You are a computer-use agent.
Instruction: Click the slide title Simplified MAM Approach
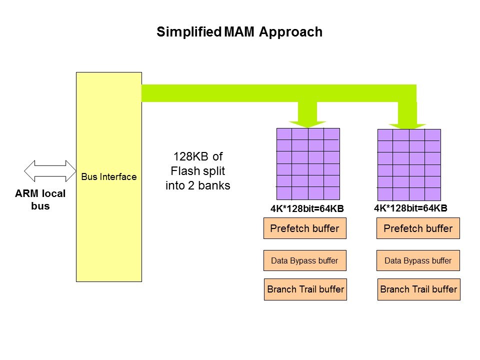[x=239, y=32]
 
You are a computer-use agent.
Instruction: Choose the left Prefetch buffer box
[x=304, y=229]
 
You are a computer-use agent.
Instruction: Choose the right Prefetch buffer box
[x=418, y=229]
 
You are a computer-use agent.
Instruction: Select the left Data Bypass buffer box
[x=304, y=260]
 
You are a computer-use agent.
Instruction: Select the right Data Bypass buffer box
[x=418, y=260]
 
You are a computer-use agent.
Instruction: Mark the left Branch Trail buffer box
[x=305, y=289]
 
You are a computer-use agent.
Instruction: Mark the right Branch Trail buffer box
[x=418, y=289]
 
